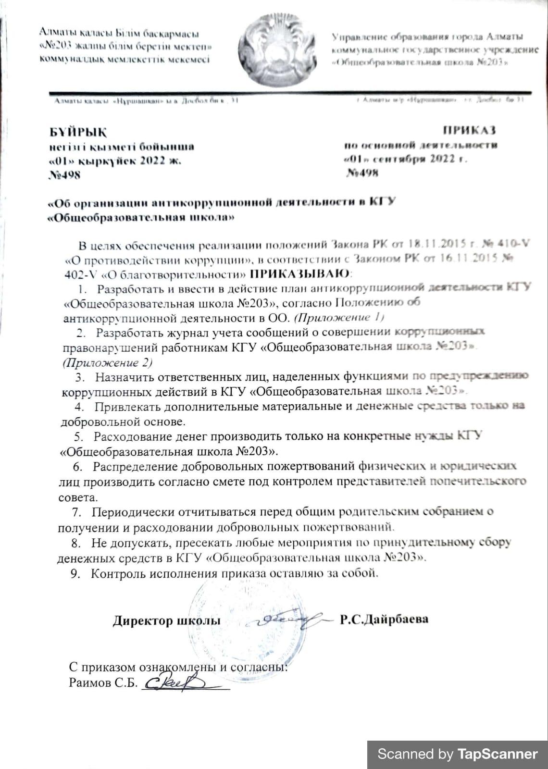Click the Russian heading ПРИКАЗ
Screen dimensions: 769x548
pyautogui.click(x=469, y=130)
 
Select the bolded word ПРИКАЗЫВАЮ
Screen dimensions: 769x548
pyautogui.click(x=301, y=274)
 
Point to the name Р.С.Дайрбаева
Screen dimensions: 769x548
pyautogui.click(x=384, y=620)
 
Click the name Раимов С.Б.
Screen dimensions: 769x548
pyautogui.click(x=103, y=682)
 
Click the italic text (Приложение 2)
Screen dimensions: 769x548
pyautogui.click(x=108, y=362)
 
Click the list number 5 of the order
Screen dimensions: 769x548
pyautogui.click(x=78, y=437)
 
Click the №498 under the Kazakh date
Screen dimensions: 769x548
pyautogui.click(x=65, y=174)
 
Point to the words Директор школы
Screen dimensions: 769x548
pyautogui.click(x=167, y=620)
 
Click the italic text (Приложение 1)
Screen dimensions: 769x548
pyautogui.click(x=339, y=317)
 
